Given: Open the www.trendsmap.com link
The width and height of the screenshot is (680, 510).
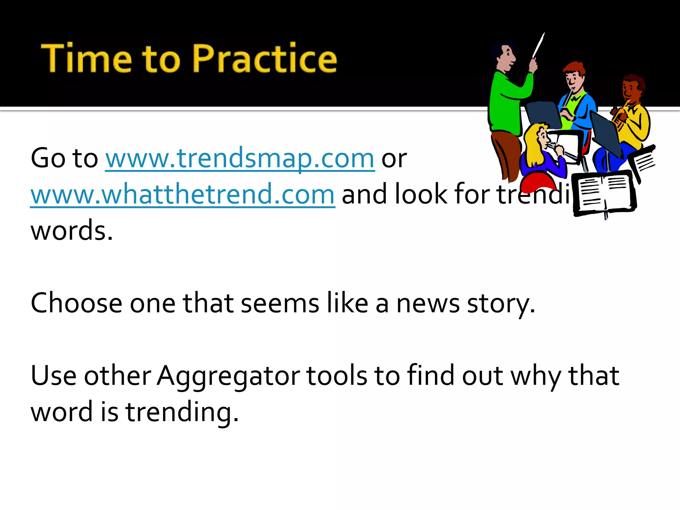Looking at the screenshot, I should point(240,158).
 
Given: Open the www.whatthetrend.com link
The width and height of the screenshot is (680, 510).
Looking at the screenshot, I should point(182,195).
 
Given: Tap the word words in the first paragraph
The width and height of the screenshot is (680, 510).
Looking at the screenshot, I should point(71,231).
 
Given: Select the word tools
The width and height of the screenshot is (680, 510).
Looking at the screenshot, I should point(336,376).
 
